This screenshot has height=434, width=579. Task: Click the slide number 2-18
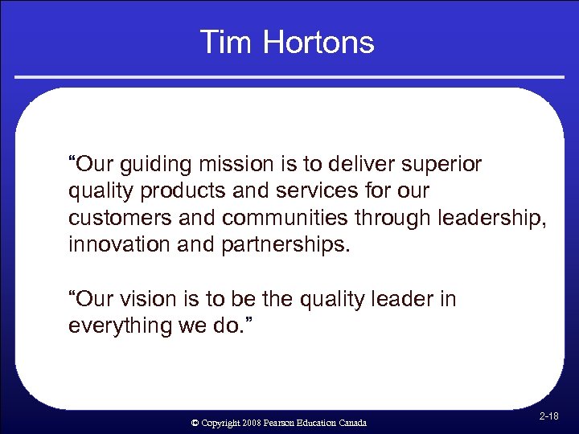550,416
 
